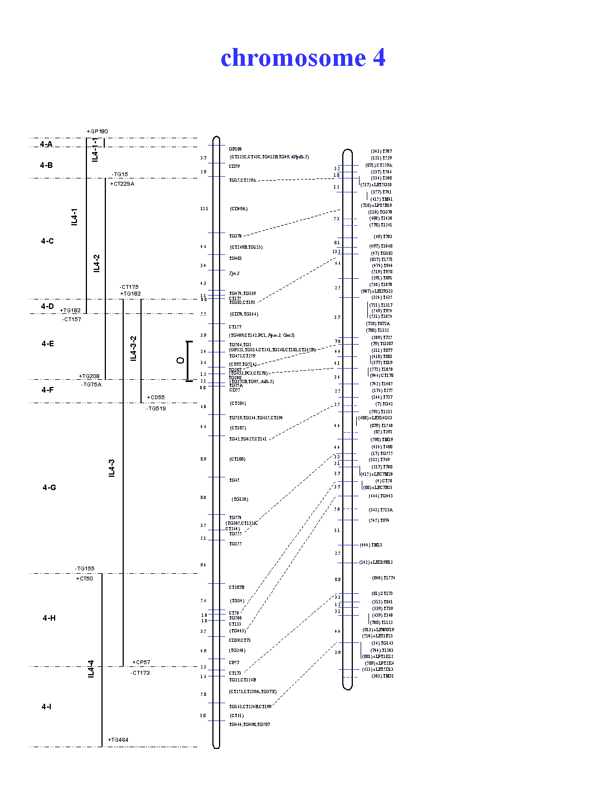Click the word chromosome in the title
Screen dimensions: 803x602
click(x=293, y=58)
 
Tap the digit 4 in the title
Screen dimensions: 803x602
click(x=379, y=57)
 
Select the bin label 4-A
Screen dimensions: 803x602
click(x=46, y=144)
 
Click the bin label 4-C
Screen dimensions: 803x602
click(x=47, y=241)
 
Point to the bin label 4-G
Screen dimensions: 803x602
click(x=49, y=487)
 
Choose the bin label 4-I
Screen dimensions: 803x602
click(x=46, y=707)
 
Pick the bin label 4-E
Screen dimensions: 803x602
click(x=47, y=344)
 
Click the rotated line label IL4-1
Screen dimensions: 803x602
click(x=75, y=217)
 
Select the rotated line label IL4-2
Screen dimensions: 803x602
click(x=96, y=263)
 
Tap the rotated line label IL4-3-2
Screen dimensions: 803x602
click(x=133, y=348)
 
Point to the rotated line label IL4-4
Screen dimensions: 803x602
click(x=91, y=669)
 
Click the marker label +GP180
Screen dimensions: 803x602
click(x=97, y=132)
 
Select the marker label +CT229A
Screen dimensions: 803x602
click(x=122, y=183)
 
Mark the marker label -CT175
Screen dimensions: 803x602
click(x=129, y=287)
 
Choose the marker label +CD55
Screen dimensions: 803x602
click(x=156, y=398)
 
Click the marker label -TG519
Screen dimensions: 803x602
click(x=156, y=409)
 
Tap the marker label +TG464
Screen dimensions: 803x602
click(x=118, y=740)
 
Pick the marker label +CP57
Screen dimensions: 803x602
click(x=141, y=662)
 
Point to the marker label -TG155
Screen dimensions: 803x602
click(x=85, y=569)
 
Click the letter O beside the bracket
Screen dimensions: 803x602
click(x=180, y=361)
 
